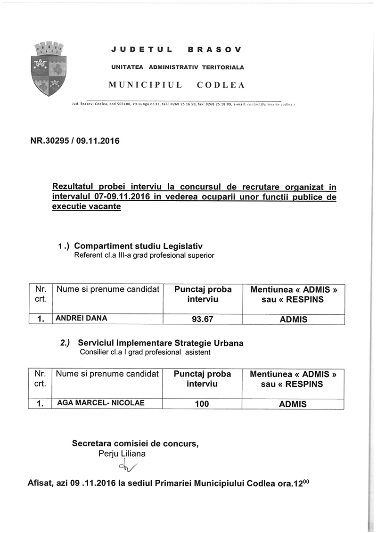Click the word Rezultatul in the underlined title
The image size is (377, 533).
[77, 188]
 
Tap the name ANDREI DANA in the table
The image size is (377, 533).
[82, 318]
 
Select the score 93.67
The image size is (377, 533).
[203, 319]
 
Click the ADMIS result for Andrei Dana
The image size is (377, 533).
[293, 320]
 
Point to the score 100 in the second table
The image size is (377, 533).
[202, 404]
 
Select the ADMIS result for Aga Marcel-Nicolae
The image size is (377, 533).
[293, 404]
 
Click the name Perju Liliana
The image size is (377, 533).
[122, 453]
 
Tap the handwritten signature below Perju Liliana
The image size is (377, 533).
[129, 467]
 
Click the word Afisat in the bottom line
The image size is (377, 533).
[41, 484]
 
